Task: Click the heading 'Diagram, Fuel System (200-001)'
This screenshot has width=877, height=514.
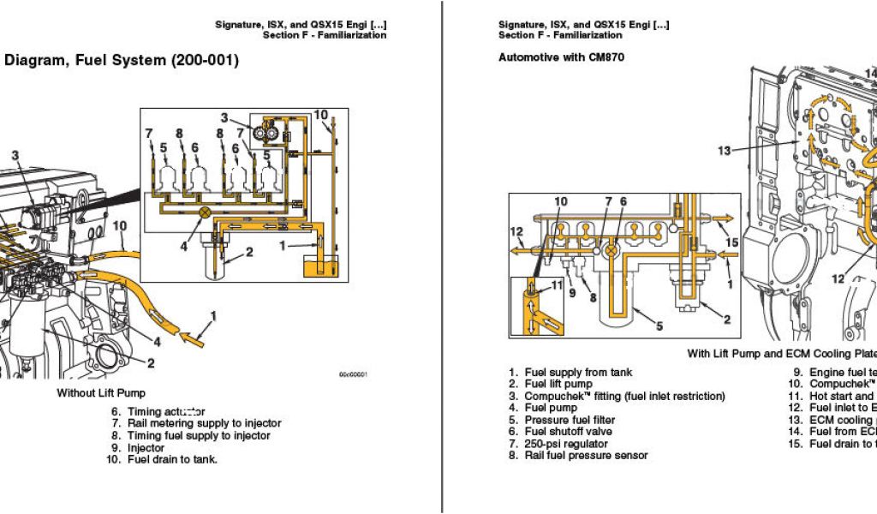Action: pos(122,61)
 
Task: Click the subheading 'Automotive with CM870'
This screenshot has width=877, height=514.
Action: pos(561,57)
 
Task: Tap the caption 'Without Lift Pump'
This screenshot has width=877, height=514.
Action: pos(107,393)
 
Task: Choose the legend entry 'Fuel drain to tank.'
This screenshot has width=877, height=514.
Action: pos(172,459)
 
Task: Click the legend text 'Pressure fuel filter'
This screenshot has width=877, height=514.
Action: pos(570,420)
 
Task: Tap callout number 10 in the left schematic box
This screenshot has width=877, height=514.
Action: pos(320,115)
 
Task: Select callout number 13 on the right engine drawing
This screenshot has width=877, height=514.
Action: pos(725,151)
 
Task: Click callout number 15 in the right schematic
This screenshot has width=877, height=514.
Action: pos(731,242)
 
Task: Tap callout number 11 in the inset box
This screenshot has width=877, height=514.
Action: pos(558,286)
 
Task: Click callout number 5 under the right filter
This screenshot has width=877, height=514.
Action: pos(659,326)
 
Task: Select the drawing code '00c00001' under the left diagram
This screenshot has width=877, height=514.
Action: pos(353,374)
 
